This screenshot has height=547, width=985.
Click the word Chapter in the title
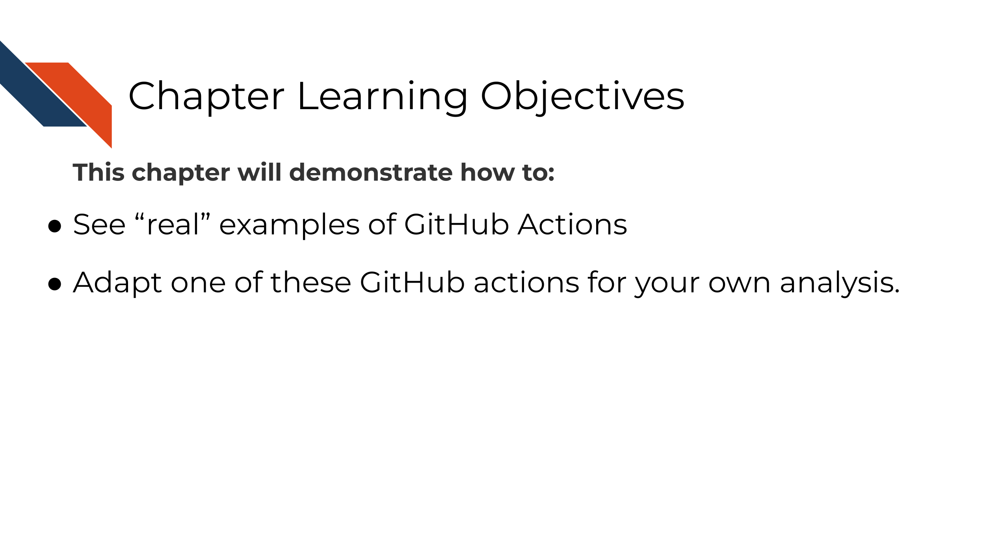tap(206, 97)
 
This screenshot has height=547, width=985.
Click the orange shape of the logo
tap(79, 99)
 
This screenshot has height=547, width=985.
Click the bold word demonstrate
tap(371, 173)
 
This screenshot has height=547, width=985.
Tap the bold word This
tap(98, 173)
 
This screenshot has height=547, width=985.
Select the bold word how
tap(487, 173)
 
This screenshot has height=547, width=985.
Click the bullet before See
tap(55, 226)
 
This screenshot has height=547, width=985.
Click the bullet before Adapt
tap(55, 284)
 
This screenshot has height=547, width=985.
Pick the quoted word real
tap(173, 225)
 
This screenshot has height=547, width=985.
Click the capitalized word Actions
tap(572, 225)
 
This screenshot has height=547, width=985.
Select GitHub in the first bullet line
tap(457, 225)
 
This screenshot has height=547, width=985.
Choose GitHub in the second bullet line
tap(413, 283)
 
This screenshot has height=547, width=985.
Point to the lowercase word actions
tap(526, 283)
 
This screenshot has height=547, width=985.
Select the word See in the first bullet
tap(99, 225)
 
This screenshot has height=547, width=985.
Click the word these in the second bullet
tap(310, 283)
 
